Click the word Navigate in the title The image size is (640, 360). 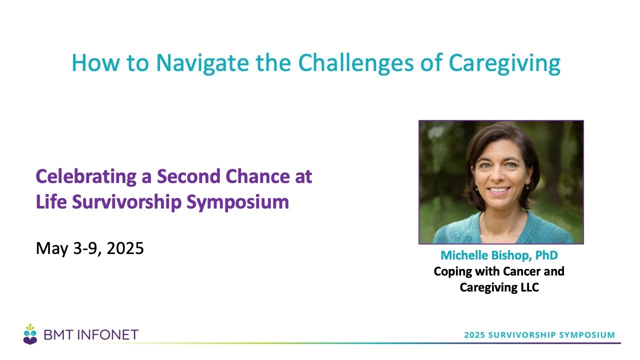point(202,63)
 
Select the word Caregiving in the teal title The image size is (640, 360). point(504,63)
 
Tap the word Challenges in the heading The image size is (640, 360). point(355,62)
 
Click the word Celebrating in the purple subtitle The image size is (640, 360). point(86,177)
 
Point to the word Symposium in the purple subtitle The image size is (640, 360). point(237,202)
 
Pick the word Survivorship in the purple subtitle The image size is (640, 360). point(127,202)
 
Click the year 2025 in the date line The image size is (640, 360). point(125,248)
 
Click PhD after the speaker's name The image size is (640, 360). point(546,255)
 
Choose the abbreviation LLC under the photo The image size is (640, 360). point(529,287)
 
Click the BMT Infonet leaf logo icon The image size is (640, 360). point(30,334)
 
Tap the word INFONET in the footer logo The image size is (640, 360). point(108,335)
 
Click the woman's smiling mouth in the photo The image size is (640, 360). point(498,189)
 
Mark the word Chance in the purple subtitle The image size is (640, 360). point(257,176)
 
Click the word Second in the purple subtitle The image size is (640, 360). point(188,176)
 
